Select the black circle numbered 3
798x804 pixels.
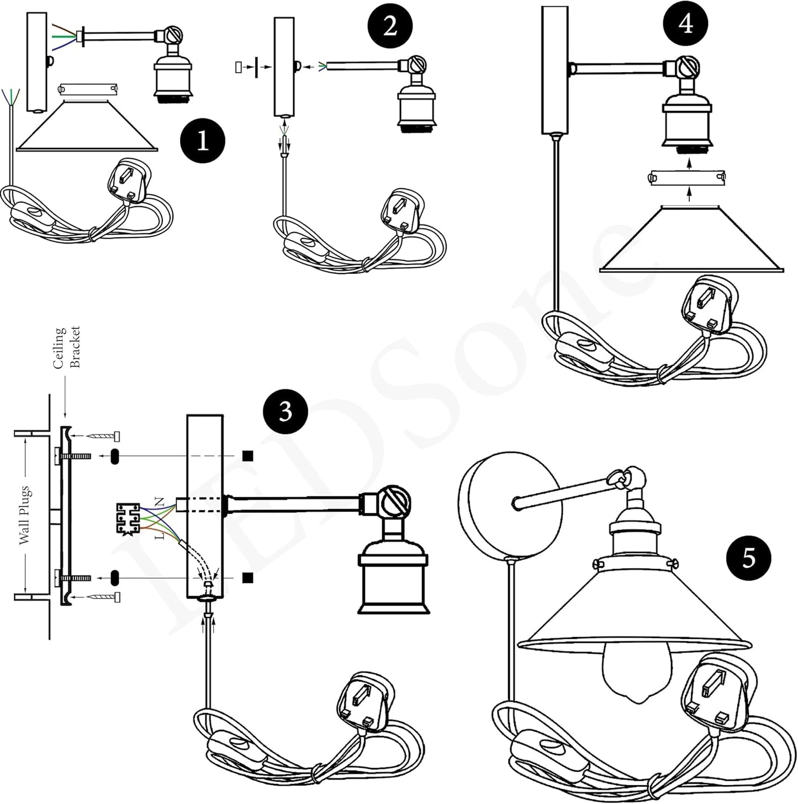pos(285,412)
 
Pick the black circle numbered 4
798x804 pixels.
pos(685,24)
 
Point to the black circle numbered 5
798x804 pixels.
pos(748,558)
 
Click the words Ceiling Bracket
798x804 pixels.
pos(67,347)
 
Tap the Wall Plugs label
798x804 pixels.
pos(25,516)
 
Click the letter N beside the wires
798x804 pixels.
pos(160,502)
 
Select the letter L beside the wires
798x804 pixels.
pos(160,535)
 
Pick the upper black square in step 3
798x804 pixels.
pos(248,456)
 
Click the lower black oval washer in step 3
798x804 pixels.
pos(115,578)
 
